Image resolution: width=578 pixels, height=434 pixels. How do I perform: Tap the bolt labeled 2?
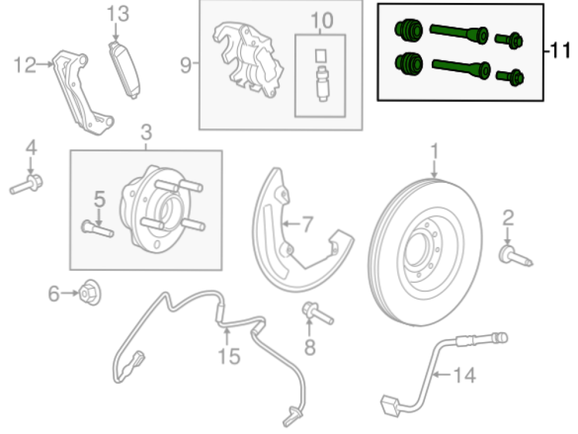516,256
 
